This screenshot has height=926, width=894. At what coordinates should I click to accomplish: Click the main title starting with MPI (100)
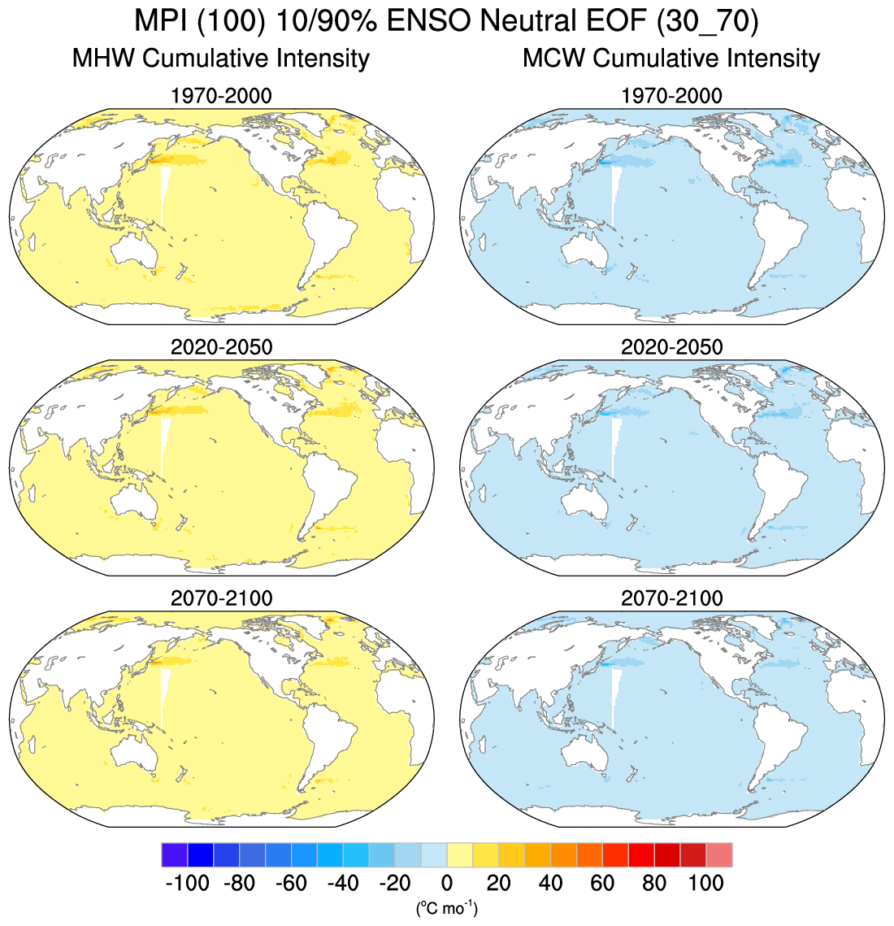point(446,20)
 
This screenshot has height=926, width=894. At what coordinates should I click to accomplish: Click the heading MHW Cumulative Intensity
point(220,59)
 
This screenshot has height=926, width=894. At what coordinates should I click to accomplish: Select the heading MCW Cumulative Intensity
point(670,59)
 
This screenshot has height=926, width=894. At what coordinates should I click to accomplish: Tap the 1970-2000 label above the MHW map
point(221,96)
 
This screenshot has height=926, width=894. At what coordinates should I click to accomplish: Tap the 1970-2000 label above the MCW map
point(671,96)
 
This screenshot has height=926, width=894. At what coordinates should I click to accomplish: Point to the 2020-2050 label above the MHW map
point(221,347)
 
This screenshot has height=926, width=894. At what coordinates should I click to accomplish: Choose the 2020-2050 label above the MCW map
point(671,347)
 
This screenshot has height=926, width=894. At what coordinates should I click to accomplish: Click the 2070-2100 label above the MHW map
point(221,598)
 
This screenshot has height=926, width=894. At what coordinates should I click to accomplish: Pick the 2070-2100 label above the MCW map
point(671,598)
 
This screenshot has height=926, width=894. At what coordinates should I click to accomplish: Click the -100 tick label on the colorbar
point(187,883)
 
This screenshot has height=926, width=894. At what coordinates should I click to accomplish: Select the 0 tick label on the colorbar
point(446,883)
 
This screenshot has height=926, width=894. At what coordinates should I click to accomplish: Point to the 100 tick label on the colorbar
point(705,883)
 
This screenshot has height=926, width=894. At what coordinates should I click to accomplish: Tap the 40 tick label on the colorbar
point(550,883)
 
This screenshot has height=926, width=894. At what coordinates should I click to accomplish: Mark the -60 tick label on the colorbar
point(291,883)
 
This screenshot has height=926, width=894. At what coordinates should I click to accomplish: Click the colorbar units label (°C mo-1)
point(446,907)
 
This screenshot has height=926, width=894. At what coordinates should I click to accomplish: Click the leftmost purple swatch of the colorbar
point(174,855)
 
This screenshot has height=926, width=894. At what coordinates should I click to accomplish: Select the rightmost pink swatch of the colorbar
point(719,855)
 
